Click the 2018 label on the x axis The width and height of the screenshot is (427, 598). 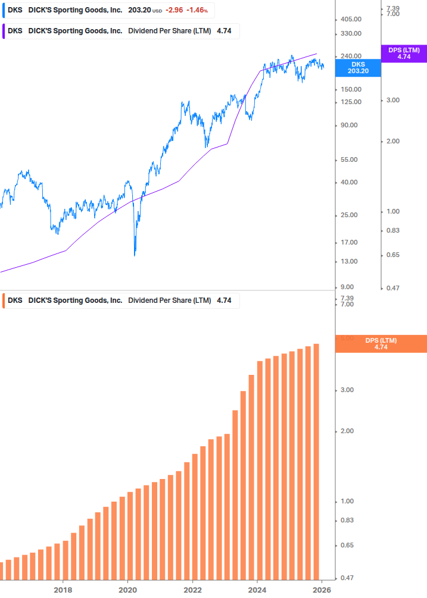[63, 590]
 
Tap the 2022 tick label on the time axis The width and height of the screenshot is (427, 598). [192, 590]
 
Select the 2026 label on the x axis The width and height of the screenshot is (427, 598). [322, 590]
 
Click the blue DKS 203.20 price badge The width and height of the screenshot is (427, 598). [358, 67]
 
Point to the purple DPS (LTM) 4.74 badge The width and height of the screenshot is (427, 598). [404, 54]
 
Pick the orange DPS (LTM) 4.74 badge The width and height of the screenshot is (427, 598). [381, 343]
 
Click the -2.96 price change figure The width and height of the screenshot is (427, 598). [175, 11]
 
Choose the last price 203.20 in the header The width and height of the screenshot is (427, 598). [139, 11]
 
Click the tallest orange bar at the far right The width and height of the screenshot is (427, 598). [316, 464]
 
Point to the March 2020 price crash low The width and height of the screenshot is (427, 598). [135, 255]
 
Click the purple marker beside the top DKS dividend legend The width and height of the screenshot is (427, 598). [5, 31]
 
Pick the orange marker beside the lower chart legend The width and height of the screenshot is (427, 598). [5, 300]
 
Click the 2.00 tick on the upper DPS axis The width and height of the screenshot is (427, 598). [392, 141]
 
